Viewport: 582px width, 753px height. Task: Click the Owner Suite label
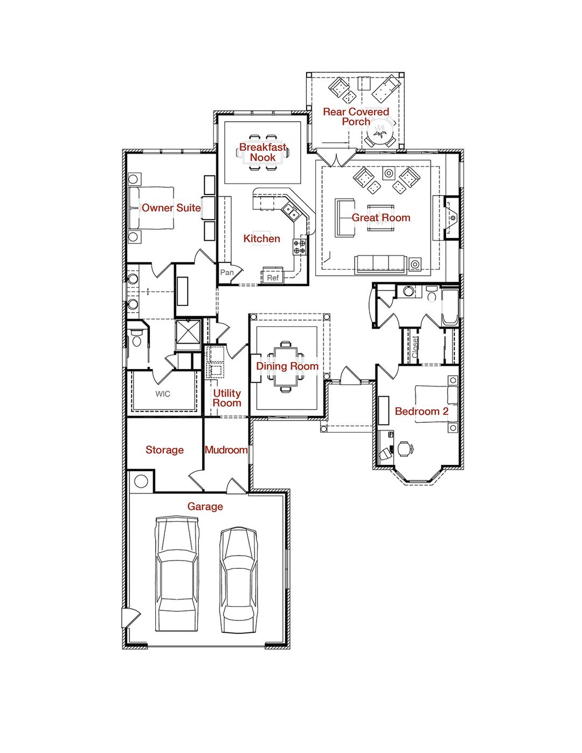[x=171, y=208]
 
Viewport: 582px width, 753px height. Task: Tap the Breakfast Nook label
[x=262, y=152]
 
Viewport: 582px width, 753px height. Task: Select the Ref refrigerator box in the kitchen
[x=273, y=277]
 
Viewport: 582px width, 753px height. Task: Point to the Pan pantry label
[x=227, y=272]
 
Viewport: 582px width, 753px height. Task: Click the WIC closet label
[x=163, y=394]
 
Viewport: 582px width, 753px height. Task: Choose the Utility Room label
[x=226, y=398]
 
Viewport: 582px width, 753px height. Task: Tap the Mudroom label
[x=226, y=450]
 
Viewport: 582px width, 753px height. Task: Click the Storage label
[x=164, y=450]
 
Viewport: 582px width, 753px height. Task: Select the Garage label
[x=205, y=506]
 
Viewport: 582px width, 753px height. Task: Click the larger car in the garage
[x=176, y=574]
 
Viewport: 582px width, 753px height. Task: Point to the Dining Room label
[x=287, y=366]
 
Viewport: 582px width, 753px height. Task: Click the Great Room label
[x=380, y=218]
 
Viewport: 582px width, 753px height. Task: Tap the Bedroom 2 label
[x=421, y=412]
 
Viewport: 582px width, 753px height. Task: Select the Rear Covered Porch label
[x=356, y=116]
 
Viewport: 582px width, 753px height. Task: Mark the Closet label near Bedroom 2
[x=415, y=347]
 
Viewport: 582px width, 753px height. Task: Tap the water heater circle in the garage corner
[x=141, y=481]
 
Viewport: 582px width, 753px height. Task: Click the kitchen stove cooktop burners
[x=300, y=247]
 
